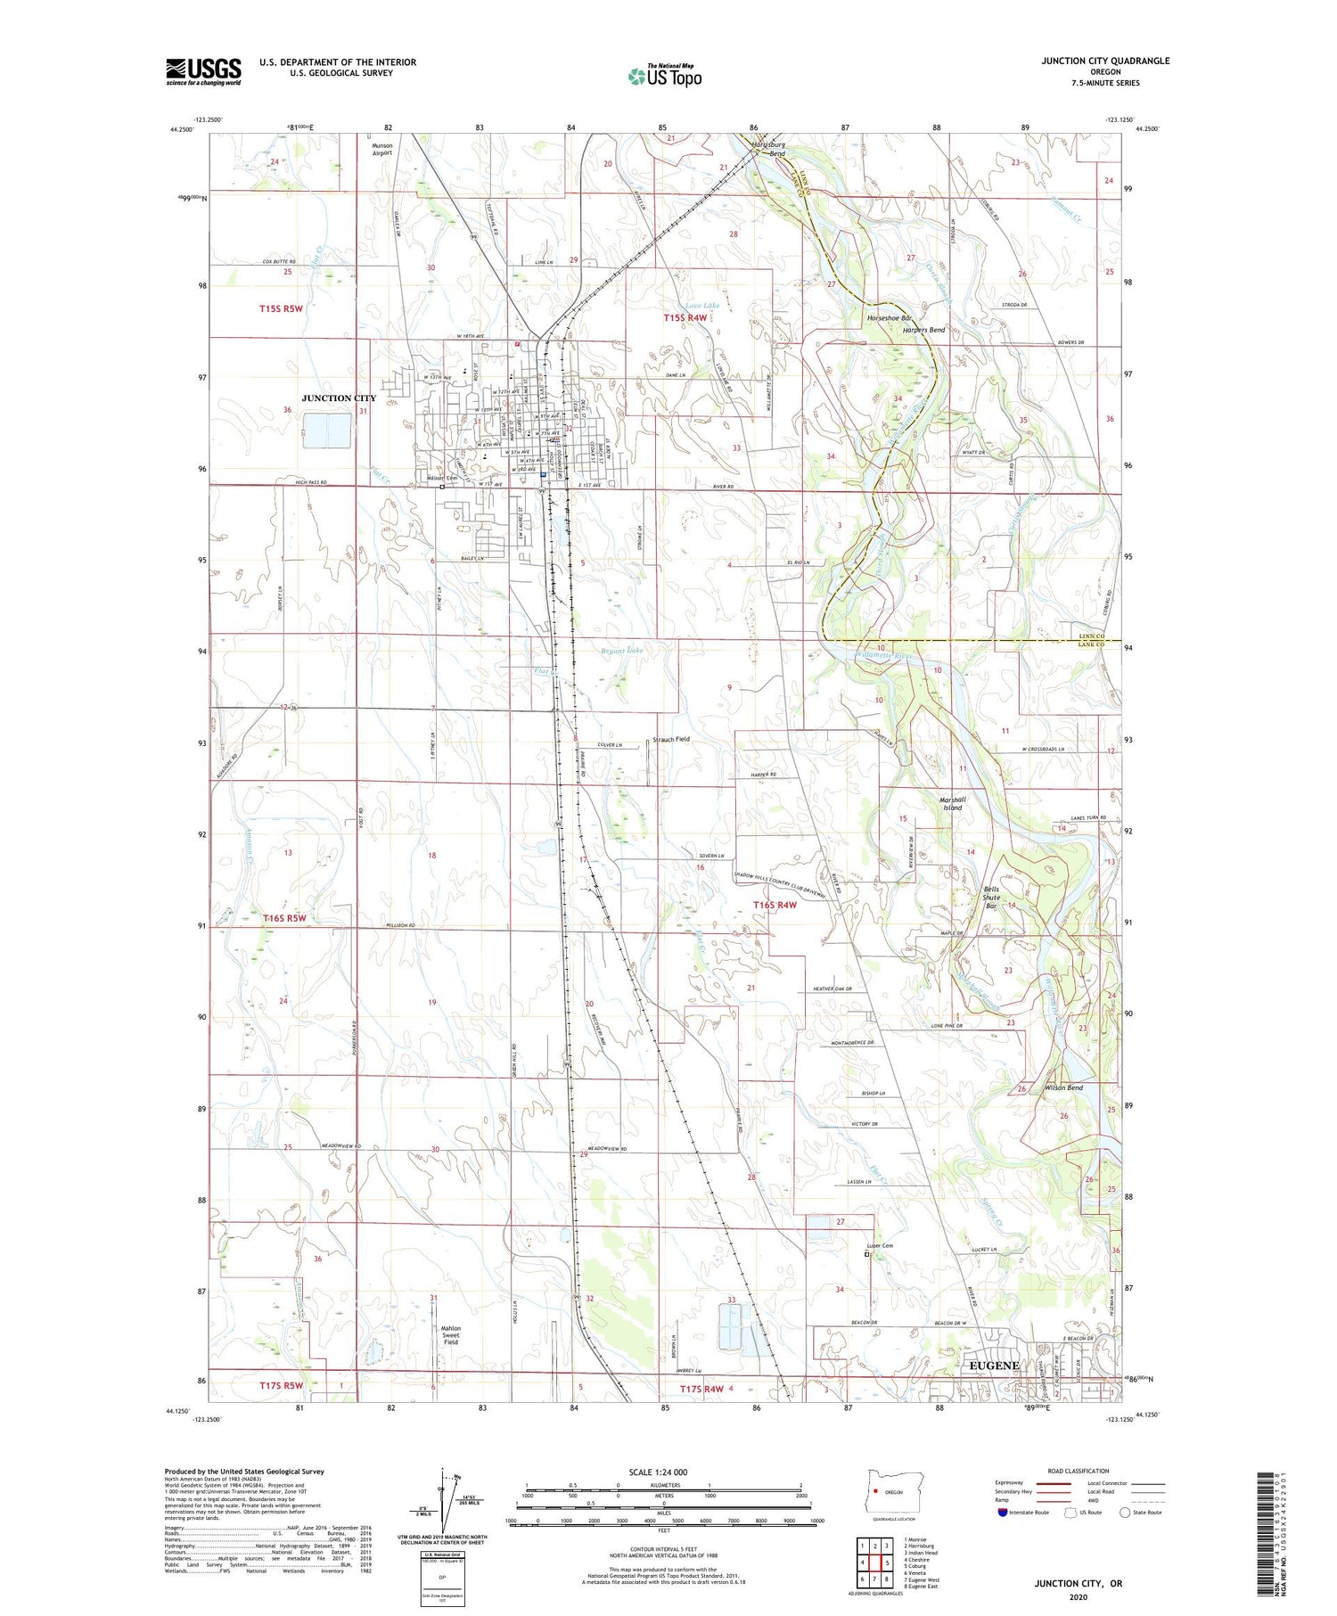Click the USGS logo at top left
(203, 71)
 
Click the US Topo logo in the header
(665, 77)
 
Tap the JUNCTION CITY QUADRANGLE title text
(1105, 61)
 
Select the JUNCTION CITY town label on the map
(339, 398)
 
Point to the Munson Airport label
(381, 149)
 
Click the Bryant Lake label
(621, 651)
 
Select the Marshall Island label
(952, 803)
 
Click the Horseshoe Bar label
(890, 318)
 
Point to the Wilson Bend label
(1064, 1087)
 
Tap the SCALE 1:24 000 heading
(658, 1472)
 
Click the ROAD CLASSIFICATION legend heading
(1079, 1471)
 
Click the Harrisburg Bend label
(767, 148)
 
